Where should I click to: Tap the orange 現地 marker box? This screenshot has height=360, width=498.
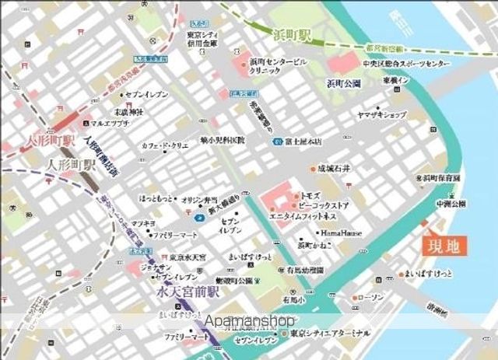(446, 246)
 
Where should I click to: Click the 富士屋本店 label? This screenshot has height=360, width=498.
(303, 142)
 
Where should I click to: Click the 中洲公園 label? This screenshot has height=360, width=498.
(450, 204)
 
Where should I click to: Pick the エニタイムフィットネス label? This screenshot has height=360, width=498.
(303, 215)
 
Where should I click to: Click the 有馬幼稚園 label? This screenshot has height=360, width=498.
(303, 270)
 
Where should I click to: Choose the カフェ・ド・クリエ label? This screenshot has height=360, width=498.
(165, 145)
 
